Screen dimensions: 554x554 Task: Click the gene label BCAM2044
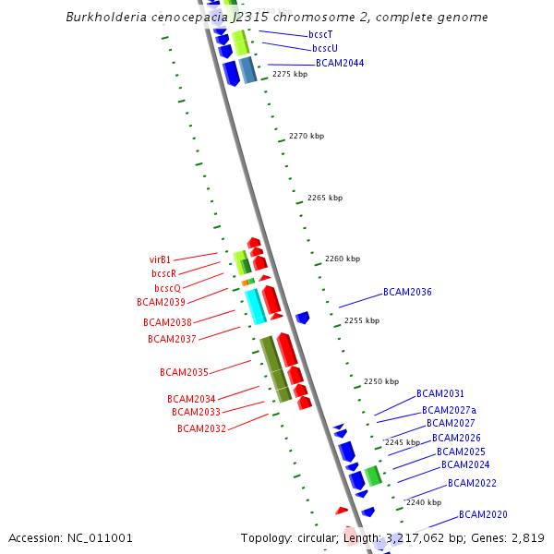tap(340, 64)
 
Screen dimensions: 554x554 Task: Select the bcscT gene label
tap(320, 34)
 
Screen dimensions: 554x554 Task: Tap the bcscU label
tap(325, 48)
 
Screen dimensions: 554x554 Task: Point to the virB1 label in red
tap(160, 259)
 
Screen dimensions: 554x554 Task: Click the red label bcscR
tap(163, 273)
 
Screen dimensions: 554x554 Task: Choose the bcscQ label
tap(167, 288)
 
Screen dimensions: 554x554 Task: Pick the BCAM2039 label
tap(161, 302)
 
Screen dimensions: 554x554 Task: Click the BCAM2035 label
tap(184, 372)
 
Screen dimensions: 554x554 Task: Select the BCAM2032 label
tap(201, 428)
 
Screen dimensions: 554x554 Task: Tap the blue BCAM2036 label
tap(407, 293)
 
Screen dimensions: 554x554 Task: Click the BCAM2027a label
tap(449, 410)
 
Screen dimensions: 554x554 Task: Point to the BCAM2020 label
tap(483, 514)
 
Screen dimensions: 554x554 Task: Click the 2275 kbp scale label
tap(290, 74)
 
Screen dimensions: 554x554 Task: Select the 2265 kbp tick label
tap(325, 198)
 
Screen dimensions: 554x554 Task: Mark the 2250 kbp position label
tap(381, 381)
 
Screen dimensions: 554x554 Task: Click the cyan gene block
tap(256, 306)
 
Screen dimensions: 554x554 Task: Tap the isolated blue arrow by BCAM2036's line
tap(302, 318)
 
